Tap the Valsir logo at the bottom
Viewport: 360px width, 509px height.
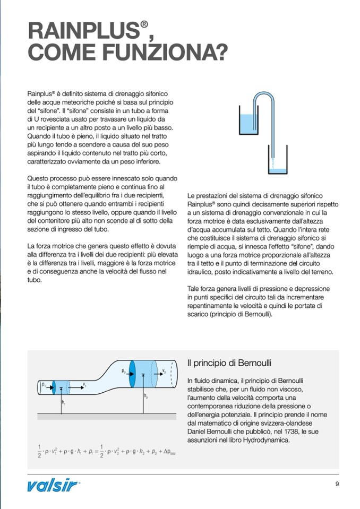54,485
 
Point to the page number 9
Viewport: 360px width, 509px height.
337,484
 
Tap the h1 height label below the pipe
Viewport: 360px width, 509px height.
63,402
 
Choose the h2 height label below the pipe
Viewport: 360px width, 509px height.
146,396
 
